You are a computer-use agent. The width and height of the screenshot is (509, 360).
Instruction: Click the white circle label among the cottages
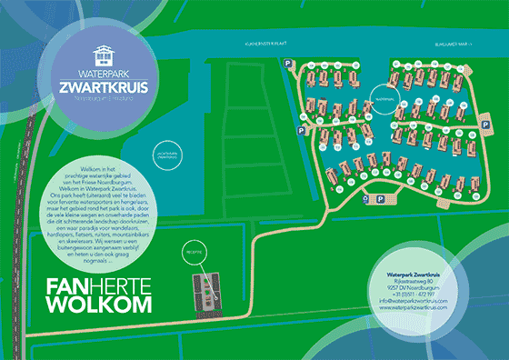pos(385,94)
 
